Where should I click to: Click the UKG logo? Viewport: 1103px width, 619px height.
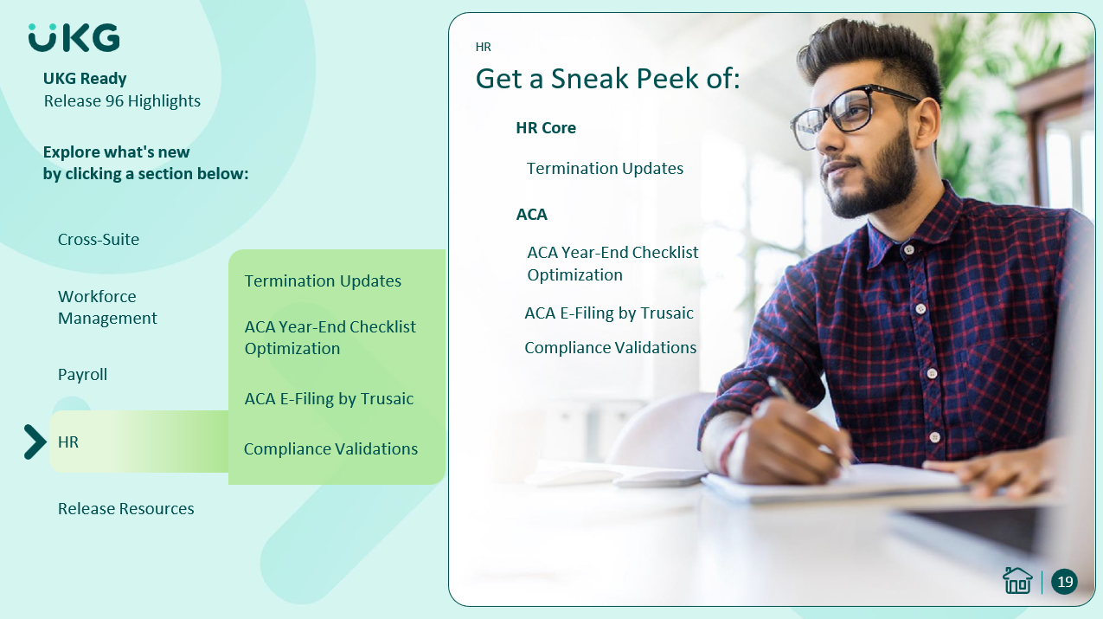tap(74, 37)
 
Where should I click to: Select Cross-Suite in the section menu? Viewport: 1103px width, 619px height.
tap(99, 240)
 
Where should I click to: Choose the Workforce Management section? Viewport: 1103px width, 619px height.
tap(107, 307)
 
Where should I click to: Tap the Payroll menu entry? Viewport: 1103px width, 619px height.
tap(82, 375)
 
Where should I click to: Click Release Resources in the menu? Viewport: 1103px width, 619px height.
tap(126, 508)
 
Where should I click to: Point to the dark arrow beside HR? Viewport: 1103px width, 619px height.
tap(35, 442)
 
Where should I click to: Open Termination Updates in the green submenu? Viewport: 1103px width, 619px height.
tap(323, 280)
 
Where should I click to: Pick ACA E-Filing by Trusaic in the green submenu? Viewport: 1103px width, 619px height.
tap(329, 399)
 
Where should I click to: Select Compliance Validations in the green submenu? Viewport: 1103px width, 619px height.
tap(330, 449)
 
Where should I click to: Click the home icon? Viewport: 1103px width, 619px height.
tap(1017, 581)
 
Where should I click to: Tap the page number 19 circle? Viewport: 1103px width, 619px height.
tap(1065, 582)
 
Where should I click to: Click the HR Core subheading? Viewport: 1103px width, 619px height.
tap(546, 128)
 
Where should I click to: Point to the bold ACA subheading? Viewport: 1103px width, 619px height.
tap(532, 215)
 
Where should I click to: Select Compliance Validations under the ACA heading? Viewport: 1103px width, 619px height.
tap(611, 348)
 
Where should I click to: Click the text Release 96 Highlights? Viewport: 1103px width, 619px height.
tap(122, 101)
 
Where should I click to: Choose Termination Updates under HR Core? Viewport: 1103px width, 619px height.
tap(606, 169)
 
